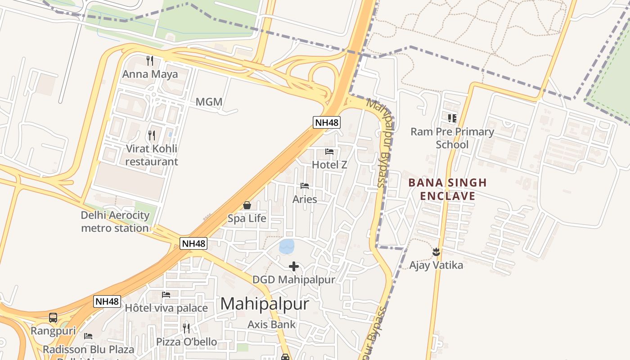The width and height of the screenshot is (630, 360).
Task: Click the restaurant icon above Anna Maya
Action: (x=150, y=60)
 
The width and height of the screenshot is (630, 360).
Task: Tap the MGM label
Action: (x=209, y=102)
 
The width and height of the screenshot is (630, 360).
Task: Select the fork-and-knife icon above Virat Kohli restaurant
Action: (x=152, y=135)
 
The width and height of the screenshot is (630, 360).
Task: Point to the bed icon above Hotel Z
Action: (x=329, y=152)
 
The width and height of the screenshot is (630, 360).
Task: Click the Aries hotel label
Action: (x=305, y=199)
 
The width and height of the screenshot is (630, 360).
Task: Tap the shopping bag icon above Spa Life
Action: (x=247, y=206)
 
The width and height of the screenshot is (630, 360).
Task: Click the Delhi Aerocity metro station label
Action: (x=115, y=221)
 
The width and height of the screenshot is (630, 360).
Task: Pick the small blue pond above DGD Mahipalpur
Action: (x=287, y=246)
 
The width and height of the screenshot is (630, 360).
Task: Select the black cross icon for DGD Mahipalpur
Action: (x=294, y=267)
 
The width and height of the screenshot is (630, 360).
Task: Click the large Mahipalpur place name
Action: (x=265, y=304)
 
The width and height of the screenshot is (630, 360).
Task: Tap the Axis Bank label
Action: (x=272, y=324)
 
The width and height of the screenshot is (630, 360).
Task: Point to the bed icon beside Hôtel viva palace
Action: (x=166, y=295)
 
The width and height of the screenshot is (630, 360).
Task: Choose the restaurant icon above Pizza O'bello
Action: (x=186, y=328)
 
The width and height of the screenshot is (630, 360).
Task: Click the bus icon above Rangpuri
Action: (x=53, y=318)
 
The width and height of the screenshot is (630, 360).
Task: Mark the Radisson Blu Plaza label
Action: (x=88, y=349)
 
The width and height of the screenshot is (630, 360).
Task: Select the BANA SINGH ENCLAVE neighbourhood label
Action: (x=447, y=189)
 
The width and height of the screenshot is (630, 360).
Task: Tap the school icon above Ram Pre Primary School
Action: (x=452, y=118)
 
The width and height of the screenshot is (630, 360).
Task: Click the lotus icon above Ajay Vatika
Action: (x=436, y=252)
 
